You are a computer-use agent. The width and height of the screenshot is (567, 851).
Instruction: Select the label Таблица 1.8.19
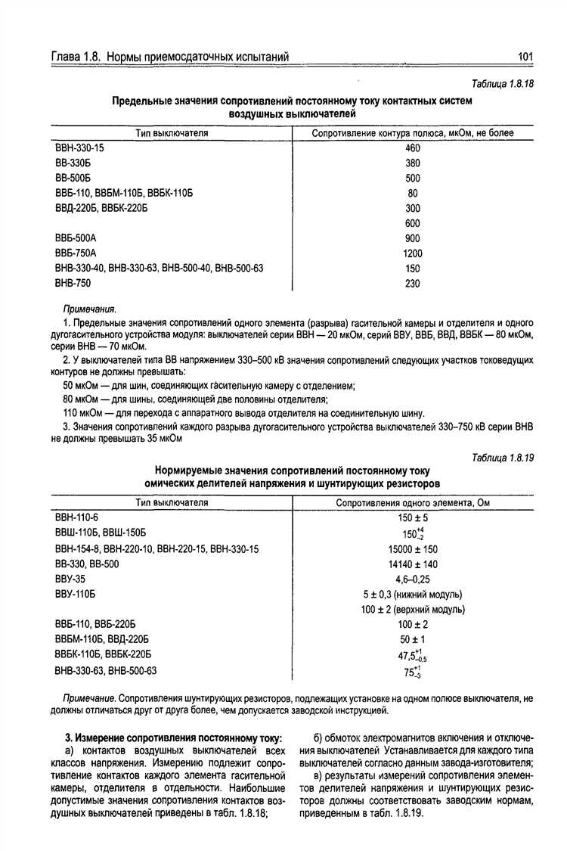(x=503, y=458)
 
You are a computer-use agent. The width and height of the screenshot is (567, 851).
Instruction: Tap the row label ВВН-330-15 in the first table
(x=79, y=148)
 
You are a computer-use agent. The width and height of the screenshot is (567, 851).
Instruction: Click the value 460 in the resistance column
(x=413, y=148)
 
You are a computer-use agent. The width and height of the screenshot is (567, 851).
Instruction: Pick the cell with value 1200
(x=413, y=253)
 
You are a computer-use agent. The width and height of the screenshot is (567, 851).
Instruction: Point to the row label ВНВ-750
(x=73, y=284)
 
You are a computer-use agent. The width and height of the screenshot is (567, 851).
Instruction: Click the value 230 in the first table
(x=413, y=284)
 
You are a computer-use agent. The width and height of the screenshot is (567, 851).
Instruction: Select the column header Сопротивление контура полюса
(x=413, y=133)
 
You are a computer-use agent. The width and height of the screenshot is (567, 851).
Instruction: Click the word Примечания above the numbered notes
(x=89, y=309)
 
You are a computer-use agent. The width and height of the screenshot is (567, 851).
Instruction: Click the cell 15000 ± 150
(x=413, y=549)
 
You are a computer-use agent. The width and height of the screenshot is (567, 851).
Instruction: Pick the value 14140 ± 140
(x=413, y=564)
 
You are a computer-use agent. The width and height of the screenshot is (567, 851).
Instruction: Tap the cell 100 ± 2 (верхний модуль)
(x=413, y=609)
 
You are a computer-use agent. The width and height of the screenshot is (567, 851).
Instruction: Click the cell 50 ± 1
(x=413, y=639)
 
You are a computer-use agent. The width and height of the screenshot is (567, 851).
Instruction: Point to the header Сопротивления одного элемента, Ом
(x=413, y=502)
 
